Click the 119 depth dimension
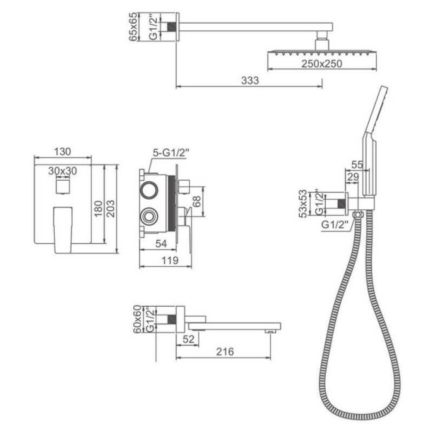(165, 261)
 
